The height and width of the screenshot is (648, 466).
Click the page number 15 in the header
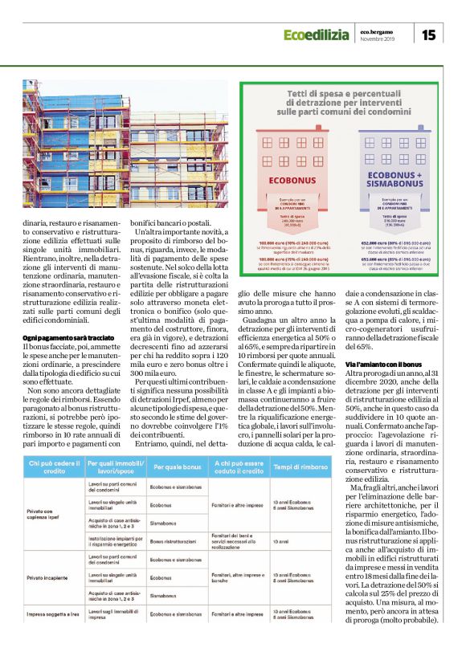point(428,34)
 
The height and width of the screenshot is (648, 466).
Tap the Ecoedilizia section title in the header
point(316,34)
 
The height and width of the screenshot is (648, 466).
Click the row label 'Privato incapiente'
point(48,575)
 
